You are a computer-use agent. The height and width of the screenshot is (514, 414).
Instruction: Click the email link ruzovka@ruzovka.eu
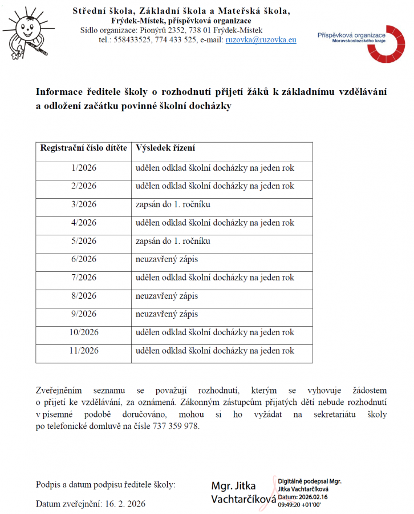point(261,40)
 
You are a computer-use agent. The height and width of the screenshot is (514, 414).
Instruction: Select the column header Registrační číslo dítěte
point(84,148)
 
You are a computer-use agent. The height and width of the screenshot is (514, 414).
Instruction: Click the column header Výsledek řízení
point(165,148)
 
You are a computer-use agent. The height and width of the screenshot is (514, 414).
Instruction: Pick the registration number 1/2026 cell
point(84,168)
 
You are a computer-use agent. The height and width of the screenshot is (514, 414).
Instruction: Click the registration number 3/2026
point(84,204)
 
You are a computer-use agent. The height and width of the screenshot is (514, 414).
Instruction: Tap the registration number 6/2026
point(84,259)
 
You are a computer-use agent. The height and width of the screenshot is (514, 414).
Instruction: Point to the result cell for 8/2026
point(167,296)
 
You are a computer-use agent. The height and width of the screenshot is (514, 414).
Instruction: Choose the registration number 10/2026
point(84,332)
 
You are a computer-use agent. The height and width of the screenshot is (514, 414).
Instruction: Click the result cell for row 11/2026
point(215,351)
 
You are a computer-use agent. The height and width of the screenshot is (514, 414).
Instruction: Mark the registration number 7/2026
point(84,278)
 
